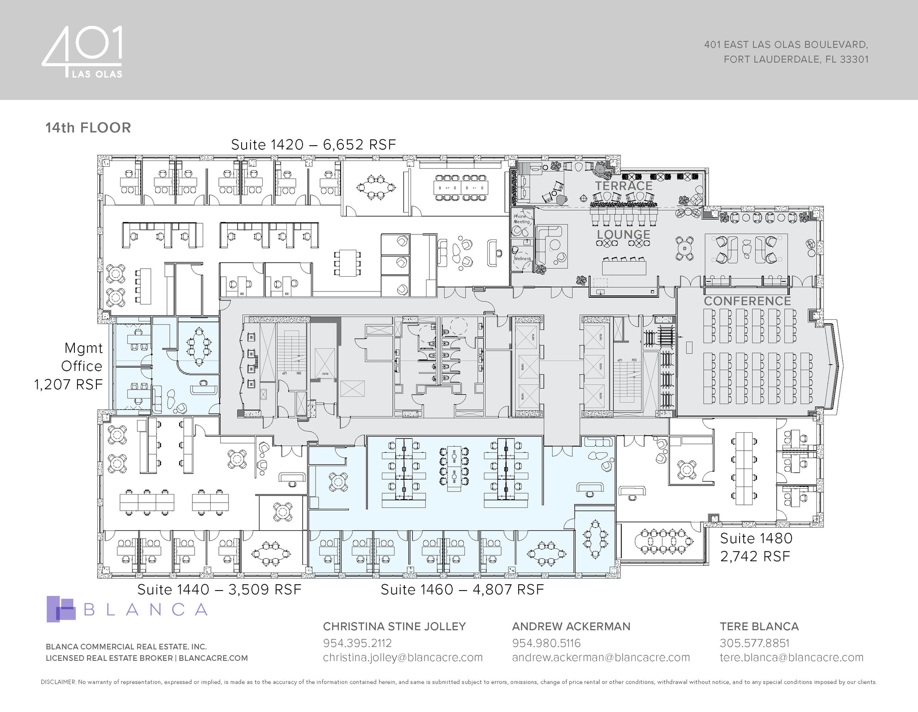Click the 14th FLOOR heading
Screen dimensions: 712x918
coord(88,128)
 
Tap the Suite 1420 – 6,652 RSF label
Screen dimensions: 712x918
coord(313,145)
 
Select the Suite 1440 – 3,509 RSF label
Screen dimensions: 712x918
coord(219,590)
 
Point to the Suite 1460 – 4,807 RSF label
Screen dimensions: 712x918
coord(462,590)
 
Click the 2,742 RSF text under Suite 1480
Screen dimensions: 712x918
coord(755,556)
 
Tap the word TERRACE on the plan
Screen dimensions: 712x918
coord(624,186)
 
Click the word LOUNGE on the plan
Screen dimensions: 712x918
coord(623,234)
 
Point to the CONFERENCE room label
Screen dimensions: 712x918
coord(747,301)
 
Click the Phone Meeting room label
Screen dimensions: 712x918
coord(521,219)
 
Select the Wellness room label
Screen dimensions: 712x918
coord(522,259)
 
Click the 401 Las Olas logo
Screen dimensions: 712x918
coord(82,52)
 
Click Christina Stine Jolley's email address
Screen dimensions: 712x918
coord(403,658)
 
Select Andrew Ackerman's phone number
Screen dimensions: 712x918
coord(546,643)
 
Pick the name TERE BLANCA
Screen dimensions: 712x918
coord(759,626)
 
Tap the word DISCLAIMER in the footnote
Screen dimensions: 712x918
coord(58,682)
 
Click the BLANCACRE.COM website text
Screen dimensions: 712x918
coord(213,658)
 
